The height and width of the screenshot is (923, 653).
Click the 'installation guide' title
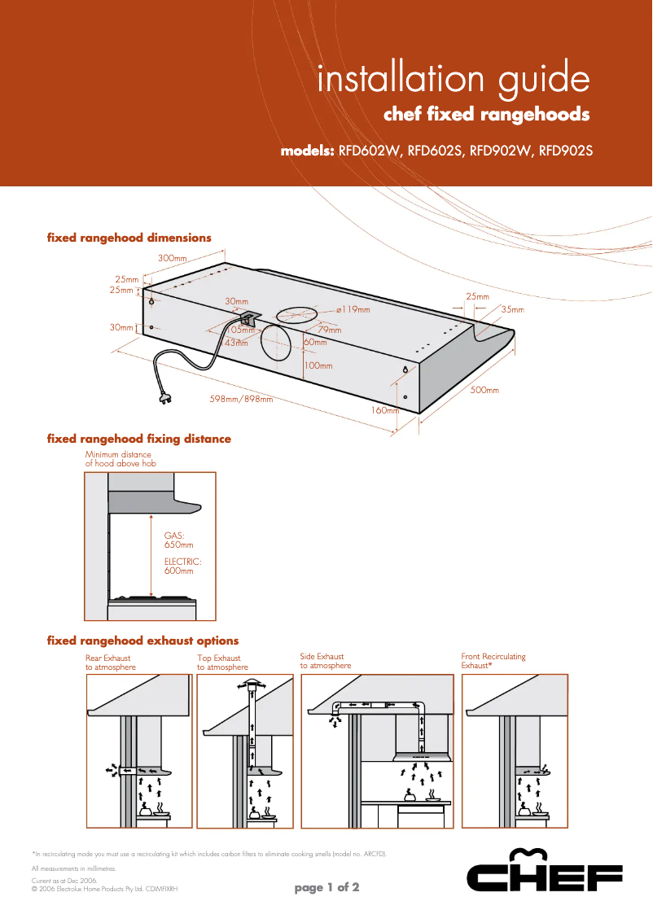tap(453, 80)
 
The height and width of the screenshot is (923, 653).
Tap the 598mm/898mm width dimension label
tap(241, 400)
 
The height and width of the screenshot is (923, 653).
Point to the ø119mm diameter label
tap(353, 309)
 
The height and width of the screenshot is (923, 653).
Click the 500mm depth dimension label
tap(484, 391)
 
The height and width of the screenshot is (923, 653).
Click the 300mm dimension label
tap(173, 258)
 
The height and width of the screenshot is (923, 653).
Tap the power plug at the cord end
tap(164, 397)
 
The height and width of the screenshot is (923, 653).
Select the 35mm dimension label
tap(512, 309)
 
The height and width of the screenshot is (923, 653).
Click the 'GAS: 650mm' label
tap(178, 540)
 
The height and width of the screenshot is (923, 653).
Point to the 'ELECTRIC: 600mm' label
tap(182, 566)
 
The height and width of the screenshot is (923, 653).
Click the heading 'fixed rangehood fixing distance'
tap(139, 439)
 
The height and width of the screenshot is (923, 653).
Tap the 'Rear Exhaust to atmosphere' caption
tap(111, 662)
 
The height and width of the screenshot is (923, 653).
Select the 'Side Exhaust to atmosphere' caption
tap(326, 661)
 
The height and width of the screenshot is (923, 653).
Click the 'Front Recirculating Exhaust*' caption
tap(493, 660)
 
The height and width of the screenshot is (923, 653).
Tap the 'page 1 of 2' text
tap(326, 887)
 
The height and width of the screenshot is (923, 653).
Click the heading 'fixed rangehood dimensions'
tap(129, 238)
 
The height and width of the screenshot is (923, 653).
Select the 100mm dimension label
tap(318, 365)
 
